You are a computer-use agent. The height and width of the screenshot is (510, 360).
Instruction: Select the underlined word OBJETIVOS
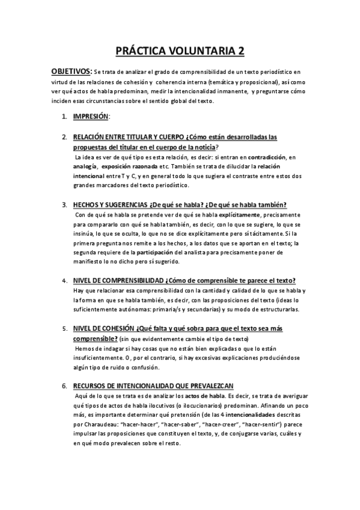pos(72,72)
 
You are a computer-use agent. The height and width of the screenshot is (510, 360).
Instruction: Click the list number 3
pos(64,204)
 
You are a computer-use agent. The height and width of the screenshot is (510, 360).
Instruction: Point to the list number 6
pos(64,386)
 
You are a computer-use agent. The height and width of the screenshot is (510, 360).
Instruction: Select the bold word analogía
pos(84,165)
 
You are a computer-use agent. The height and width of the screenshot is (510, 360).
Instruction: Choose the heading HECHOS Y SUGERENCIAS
pos(112,204)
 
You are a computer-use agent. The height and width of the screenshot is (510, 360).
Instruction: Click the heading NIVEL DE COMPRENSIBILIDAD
pos(118,281)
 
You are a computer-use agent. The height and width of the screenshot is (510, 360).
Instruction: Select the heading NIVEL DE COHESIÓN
pos(103,329)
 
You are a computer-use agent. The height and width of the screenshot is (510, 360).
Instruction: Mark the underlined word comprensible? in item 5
pos(95,339)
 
